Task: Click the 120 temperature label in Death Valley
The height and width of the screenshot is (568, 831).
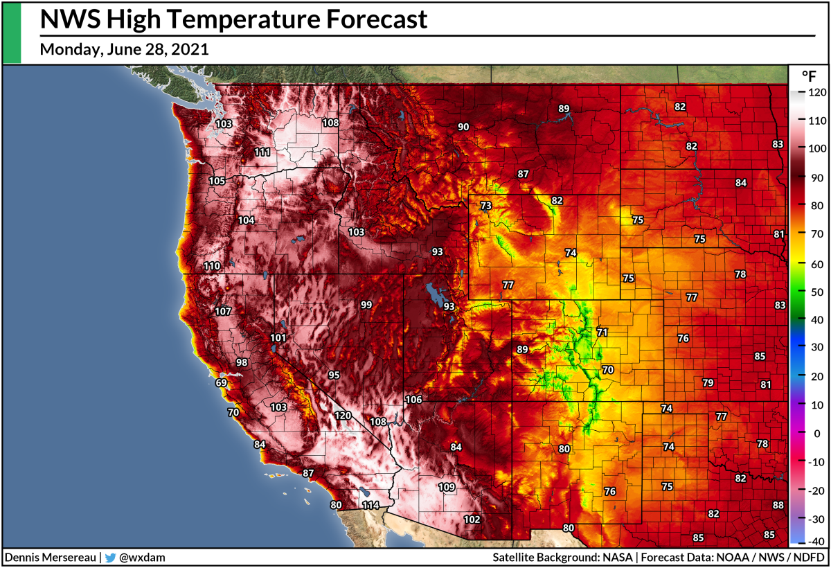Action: click(343, 416)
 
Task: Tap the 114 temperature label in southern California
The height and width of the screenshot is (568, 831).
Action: click(370, 505)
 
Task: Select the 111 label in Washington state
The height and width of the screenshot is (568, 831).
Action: click(262, 152)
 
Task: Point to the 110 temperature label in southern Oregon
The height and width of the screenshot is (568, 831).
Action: click(212, 266)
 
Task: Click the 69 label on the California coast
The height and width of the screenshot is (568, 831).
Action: click(222, 382)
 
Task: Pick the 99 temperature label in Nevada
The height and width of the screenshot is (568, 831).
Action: click(366, 305)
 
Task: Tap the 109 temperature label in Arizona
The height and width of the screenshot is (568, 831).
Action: click(447, 487)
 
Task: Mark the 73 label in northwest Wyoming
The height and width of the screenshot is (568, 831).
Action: click(485, 206)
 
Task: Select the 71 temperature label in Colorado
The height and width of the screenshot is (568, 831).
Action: click(602, 332)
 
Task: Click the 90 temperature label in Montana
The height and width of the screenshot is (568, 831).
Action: click(463, 127)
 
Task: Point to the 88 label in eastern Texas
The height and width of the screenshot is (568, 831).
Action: click(778, 505)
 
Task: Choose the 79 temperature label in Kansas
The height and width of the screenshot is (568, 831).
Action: click(708, 382)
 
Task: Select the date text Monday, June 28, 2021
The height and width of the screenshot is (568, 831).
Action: click(125, 50)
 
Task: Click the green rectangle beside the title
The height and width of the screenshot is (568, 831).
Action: click(12, 32)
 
